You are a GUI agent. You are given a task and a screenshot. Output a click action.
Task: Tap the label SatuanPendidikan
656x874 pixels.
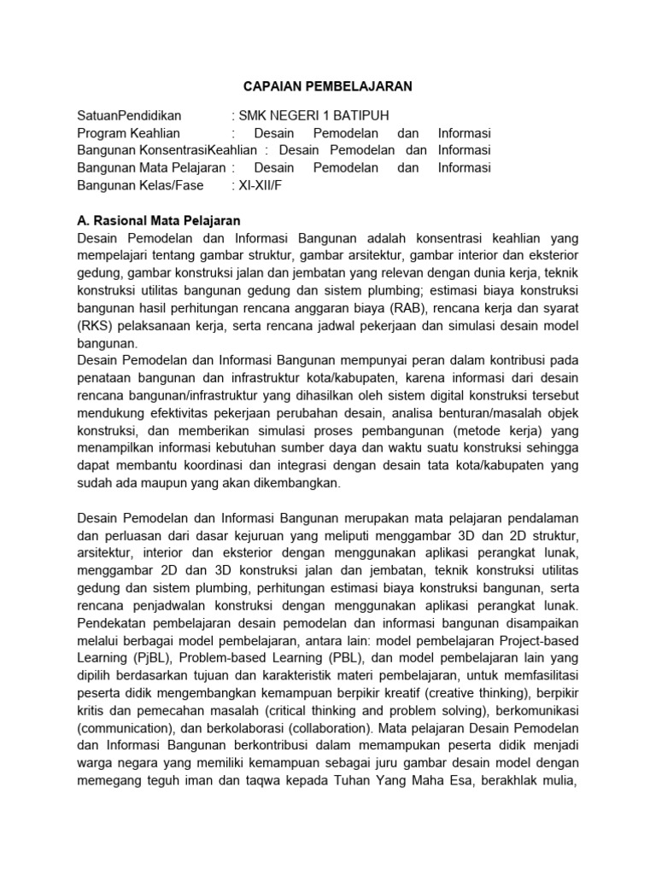(130, 117)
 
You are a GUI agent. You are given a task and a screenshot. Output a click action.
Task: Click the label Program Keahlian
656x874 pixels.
(129, 134)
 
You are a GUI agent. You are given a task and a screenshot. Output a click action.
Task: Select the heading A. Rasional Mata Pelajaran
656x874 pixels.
(160, 220)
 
